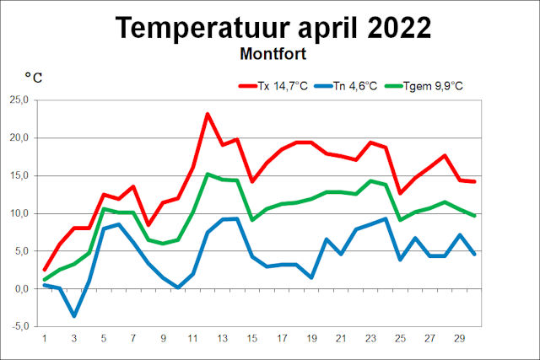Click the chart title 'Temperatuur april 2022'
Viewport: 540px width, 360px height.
point(273,27)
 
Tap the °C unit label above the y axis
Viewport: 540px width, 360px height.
point(34,78)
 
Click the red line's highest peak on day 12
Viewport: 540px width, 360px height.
point(208,114)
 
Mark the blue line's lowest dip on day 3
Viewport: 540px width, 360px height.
point(74,315)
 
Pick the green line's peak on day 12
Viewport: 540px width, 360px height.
point(208,175)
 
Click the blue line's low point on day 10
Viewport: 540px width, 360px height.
point(178,287)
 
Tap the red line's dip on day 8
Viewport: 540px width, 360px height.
point(148,225)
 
